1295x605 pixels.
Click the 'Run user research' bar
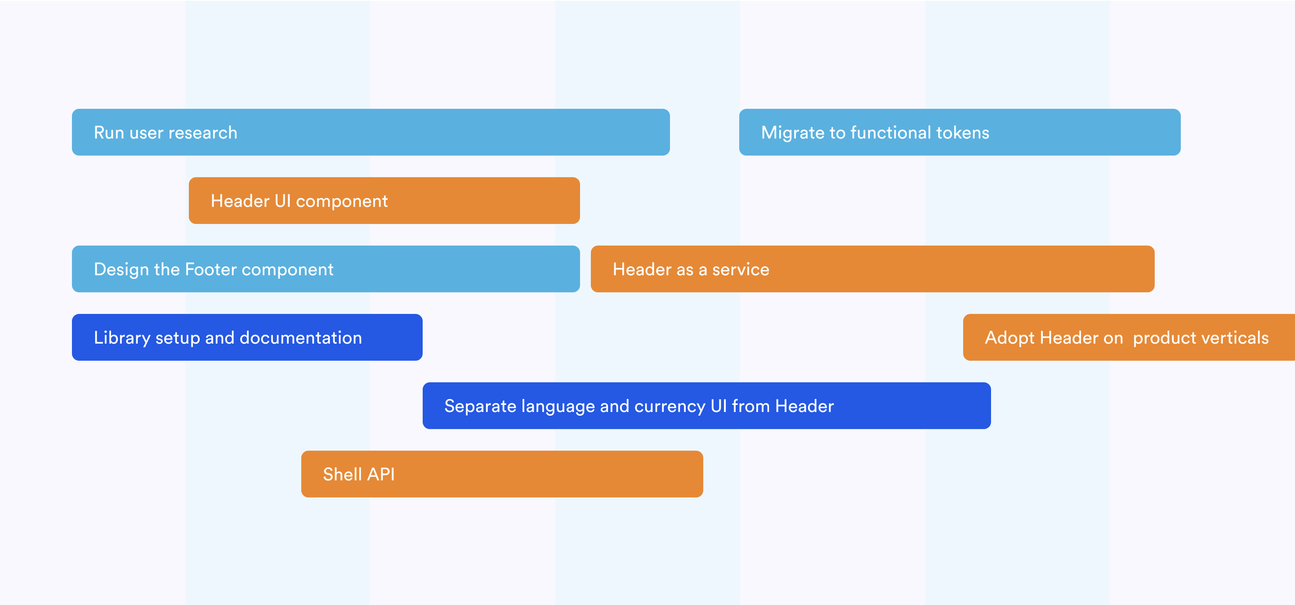tap(371, 132)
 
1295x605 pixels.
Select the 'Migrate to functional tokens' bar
tap(959, 132)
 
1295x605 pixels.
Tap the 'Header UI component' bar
tap(384, 201)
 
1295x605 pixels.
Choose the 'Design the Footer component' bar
tap(326, 269)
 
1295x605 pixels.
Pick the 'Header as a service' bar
tap(872, 269)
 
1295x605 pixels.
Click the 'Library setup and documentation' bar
tap(247, 337)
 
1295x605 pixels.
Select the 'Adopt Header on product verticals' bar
tap(1129, 337)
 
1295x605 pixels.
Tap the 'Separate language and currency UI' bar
tap(706, 406)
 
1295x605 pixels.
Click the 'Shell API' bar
tap(502, 474)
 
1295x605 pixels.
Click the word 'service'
tap(741, 270)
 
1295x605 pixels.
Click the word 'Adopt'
tap(1009, 338)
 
